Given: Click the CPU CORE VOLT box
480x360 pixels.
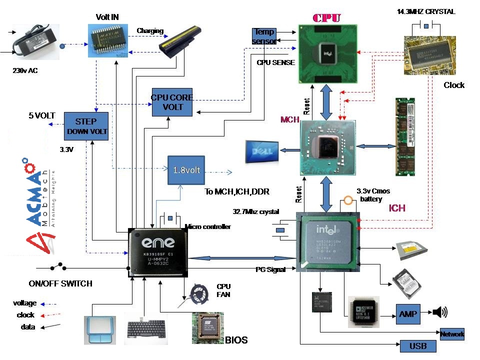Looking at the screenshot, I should (172, 102).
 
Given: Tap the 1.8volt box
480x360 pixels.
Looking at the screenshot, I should (186, 170).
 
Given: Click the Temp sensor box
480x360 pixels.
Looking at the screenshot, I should (263, 36).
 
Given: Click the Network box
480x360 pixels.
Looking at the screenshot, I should (452, 334).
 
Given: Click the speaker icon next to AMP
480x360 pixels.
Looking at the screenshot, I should (440, 313).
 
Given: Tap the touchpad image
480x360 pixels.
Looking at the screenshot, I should (100, 329).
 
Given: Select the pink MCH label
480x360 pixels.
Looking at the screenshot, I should (290, 120).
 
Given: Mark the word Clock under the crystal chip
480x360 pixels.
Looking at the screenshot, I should (454, 85).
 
